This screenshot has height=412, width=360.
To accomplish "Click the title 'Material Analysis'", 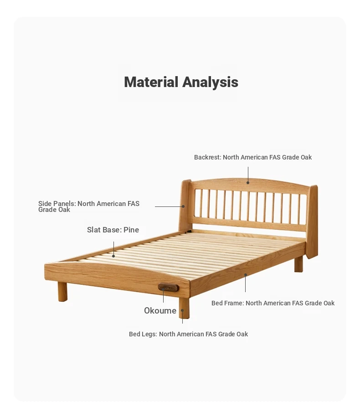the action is coord(181,82).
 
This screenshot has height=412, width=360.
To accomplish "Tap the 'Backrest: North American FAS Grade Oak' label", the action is coord(253,157).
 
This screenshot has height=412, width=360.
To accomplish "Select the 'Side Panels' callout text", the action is coord(89,206).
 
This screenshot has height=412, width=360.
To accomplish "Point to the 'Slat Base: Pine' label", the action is coord(113,230).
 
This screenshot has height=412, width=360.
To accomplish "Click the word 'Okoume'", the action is coord(160,310).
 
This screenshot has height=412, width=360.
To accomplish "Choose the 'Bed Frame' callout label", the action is coord(273,303).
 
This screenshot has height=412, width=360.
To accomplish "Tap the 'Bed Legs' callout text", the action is coord(188,334).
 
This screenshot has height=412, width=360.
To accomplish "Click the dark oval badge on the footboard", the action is coord(169,288).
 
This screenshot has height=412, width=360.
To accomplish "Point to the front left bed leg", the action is coord(62,292).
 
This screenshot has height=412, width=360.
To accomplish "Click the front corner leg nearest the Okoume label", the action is coord(184,308).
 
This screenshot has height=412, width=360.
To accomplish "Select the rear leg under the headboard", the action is coord(298,264).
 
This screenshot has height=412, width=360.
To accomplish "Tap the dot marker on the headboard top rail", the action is coord(248,183).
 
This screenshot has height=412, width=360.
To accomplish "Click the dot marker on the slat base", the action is coord(113,256).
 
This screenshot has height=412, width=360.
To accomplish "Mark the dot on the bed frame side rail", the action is coord(246,275).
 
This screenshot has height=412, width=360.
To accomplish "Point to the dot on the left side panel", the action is coord(183,206).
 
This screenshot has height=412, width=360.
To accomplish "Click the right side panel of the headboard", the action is coord(312,221).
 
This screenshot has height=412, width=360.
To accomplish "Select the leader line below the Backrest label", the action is coord(248,174).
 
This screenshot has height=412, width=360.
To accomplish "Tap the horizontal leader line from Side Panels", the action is coord(169,206).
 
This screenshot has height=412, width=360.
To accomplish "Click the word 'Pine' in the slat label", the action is coord(131,230).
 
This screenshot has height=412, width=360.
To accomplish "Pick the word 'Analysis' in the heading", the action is coord(210,82).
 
